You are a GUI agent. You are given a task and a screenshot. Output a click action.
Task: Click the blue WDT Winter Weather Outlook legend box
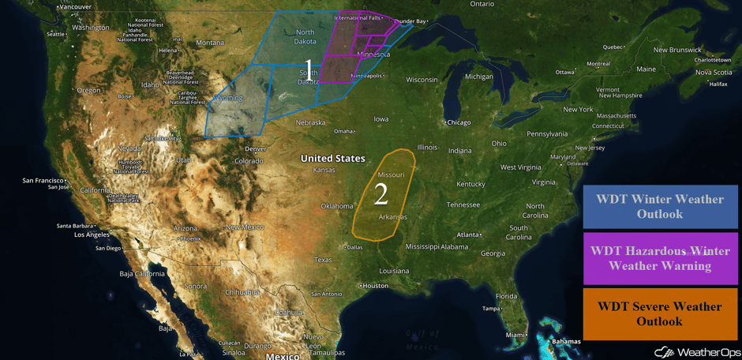(660, 207)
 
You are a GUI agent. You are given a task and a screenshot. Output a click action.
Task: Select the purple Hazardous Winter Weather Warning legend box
(660, 258)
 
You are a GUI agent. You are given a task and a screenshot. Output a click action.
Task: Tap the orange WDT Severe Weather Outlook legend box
(660, 313)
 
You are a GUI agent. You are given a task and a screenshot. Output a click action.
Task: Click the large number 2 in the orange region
(381, 194)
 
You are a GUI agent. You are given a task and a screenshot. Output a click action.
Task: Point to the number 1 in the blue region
(309, 67)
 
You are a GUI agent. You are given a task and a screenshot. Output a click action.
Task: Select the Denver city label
(255, 148)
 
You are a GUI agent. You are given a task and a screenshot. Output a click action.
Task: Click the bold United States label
(332, 159)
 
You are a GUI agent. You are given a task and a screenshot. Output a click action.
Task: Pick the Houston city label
(376, 286)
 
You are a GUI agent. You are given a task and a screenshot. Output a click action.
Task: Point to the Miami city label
(515, 335)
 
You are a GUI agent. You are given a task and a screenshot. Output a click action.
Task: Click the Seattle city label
(55, 34)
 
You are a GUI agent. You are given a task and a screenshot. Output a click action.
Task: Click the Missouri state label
(391, 174)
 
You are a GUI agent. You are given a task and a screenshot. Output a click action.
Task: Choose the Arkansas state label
(392, 217)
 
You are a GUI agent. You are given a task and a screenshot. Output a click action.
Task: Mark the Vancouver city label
(76, 6)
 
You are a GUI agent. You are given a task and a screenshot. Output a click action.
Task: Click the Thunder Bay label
(410, 21)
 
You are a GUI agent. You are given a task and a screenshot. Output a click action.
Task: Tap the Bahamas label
(566, 341)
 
